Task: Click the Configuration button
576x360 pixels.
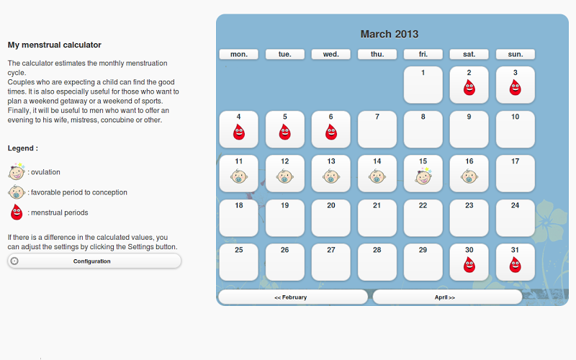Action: (94, 261)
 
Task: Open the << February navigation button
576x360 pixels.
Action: (293, 297)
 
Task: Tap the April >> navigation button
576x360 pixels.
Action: (447, 297)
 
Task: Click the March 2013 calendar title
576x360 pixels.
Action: (390, 34)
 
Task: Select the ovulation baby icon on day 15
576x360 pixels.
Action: (423, 176)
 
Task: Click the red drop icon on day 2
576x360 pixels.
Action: (469, 88)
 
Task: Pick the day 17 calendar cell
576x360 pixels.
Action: (515, 174)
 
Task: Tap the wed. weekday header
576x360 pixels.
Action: (331, 55)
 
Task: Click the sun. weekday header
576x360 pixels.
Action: (516, 55)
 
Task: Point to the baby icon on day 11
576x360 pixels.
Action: (239, 176)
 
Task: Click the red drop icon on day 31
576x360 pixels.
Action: (515, 265)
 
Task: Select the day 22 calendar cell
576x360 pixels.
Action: (423, 218)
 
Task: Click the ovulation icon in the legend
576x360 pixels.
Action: (17, 171)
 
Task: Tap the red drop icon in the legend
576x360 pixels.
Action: (17, 212)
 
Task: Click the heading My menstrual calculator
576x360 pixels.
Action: (55, 45)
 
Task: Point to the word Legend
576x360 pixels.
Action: (21, 148)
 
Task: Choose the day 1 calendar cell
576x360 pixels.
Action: (423, 85)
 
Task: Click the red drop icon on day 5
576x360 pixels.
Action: (284, 132)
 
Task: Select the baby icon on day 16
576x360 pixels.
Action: (469, 176)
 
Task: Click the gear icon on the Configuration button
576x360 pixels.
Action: (14, 261)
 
